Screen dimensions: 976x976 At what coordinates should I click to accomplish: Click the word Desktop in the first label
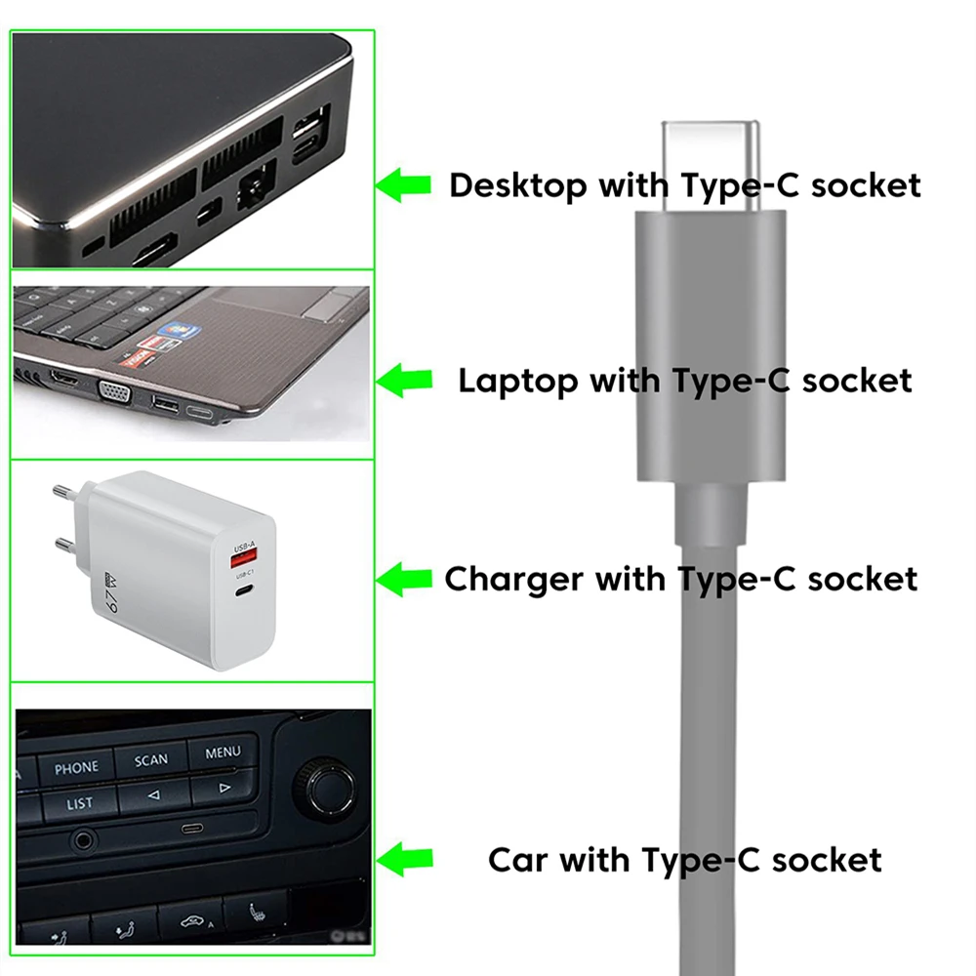coord(518,186)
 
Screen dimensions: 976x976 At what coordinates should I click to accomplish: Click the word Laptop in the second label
coord(518,381)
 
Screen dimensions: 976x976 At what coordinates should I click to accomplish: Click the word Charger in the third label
coord(514,580)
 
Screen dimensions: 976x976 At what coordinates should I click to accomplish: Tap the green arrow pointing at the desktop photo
coord(403,184)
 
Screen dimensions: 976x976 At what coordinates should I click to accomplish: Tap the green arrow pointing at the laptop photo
coord(404,381)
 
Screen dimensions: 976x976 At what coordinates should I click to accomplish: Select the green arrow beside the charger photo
coord(404,579)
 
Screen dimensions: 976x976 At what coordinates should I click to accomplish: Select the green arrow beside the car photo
coord(405,860)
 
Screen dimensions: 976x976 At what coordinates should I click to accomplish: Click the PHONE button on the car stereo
coord(76,767)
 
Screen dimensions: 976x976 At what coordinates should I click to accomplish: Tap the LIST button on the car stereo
coord(79,803)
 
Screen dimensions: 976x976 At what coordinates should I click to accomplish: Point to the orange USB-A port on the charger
coord(244,559)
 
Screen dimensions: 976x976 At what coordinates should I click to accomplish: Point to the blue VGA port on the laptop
coord(114,392)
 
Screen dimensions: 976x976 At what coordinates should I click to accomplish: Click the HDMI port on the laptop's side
coord(64,377)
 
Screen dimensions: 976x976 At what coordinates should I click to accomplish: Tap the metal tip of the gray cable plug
coord(711,166)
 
